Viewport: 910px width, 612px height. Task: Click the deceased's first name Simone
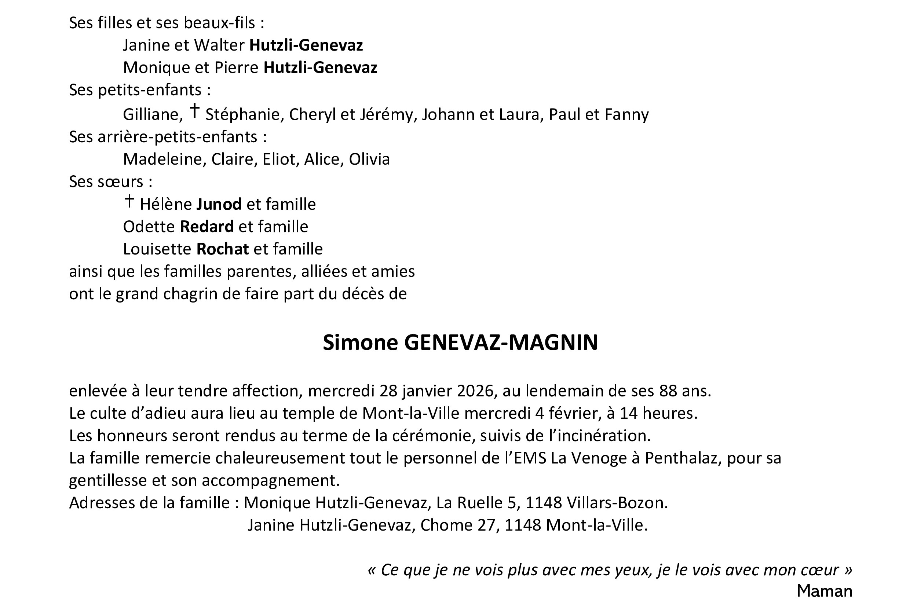click(360, 343)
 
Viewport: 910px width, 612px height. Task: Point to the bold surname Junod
click(219, 204)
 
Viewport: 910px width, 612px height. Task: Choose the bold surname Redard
click(207, 227)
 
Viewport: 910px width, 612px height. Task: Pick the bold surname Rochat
click(223, 249)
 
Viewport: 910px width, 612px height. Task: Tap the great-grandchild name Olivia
click(369, 159)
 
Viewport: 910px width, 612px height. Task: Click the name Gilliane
click(153, 114)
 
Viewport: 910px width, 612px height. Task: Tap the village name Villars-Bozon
click(617, 503)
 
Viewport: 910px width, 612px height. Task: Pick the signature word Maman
click(824, 591)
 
